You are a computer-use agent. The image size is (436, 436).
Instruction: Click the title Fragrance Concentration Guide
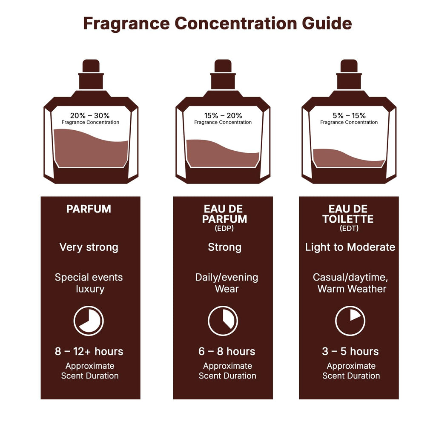tap(218, 23)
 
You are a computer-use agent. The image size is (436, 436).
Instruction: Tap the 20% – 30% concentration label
tap(90, 115)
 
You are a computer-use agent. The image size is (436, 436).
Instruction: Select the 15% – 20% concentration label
tap(223, 115)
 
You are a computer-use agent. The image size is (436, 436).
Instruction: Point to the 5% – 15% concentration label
tap(349, 115)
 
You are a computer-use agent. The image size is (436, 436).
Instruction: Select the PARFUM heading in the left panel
tap(89, 209)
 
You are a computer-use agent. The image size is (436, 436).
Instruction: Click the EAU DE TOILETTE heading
tap(348, 214)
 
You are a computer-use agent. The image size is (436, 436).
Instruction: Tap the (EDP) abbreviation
tap(224, 229)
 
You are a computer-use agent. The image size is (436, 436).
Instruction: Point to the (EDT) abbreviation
tap(349, 229)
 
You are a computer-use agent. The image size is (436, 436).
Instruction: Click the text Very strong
tap(89, 247)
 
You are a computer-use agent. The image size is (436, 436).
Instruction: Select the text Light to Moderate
tap(350, 247)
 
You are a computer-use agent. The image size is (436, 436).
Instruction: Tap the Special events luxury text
tap(89, 283)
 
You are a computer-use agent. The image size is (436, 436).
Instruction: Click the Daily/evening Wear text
tap(227, 283)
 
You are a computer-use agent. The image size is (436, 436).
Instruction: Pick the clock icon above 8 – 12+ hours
tap(89, 321)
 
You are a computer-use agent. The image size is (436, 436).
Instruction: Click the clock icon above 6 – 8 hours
tap(223, 321)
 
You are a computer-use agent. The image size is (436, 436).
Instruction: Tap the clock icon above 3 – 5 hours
tap(350, 321)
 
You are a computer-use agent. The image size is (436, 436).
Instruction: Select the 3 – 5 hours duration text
tap(350, 352)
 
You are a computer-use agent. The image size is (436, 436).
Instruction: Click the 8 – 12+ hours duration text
tap(89, 352)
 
